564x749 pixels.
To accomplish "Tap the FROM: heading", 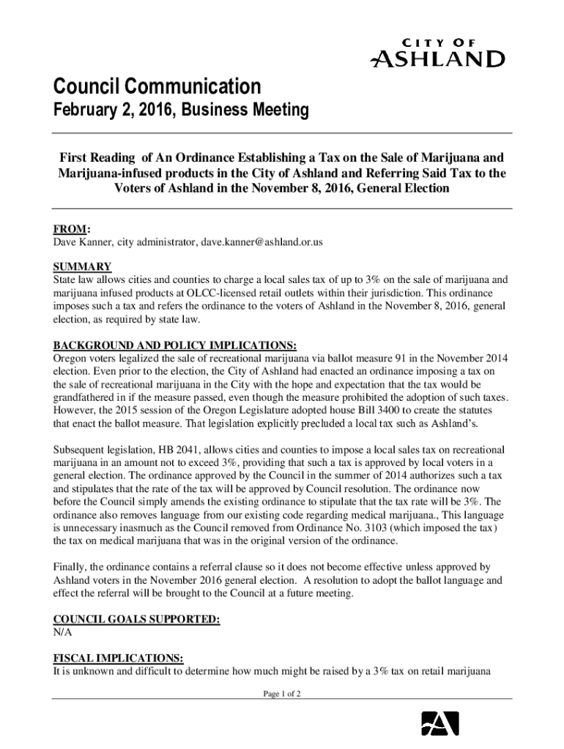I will [x=71, y=228].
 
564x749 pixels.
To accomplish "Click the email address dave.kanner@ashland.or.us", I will [x=263, y=241].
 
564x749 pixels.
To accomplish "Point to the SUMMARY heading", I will [x=81, y=266].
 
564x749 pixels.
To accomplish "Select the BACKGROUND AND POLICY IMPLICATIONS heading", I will [x=175, y=345].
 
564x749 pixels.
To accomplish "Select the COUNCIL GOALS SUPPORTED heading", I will [x=136, y=619].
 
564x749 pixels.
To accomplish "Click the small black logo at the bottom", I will [x=439, y=723].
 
